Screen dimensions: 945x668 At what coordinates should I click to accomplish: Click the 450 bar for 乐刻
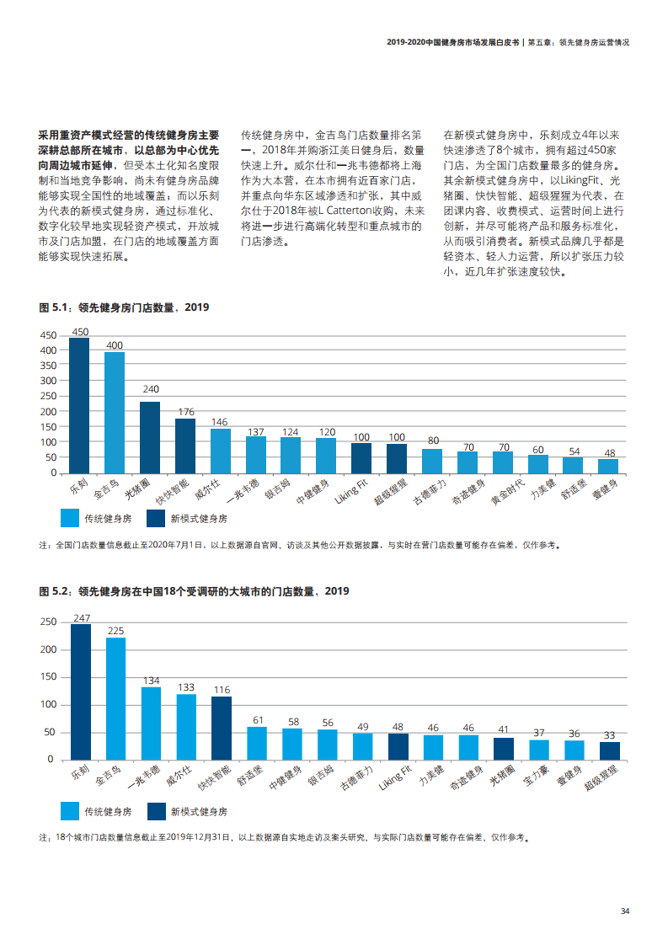[x=79, y=405]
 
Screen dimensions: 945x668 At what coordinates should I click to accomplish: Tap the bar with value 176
[x=185, y=446]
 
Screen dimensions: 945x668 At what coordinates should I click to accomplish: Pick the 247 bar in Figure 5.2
[x=81, y=692]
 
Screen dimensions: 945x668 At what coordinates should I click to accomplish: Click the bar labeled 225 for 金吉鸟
[x=116, y=698]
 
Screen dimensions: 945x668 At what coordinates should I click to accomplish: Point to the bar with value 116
[x=222, y=728]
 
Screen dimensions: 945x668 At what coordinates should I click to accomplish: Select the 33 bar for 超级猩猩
[x=610, y=750]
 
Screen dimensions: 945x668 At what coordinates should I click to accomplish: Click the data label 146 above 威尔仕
[x=221, y=422]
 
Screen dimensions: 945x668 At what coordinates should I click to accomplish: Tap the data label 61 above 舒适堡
[x=257, y=720]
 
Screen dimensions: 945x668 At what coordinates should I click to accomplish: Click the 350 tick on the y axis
[x=47, y=365]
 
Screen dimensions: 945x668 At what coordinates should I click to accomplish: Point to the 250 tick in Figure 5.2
[x=48, y=622]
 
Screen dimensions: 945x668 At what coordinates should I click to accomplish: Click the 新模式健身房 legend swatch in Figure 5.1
[x=156, y=518]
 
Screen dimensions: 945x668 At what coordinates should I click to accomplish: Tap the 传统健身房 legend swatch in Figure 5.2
[x=70, y=812]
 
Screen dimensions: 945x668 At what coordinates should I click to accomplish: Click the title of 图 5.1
[x=124, y=308]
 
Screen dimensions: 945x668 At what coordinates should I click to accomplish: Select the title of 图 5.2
[x=194, y=592]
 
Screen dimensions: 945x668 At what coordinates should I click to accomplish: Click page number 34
[x=625, y=911]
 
